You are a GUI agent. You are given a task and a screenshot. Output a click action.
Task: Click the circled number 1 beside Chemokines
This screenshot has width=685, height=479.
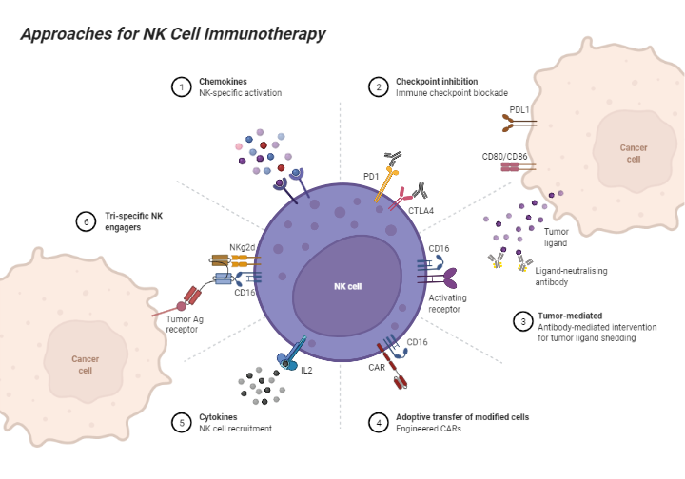point(181,87)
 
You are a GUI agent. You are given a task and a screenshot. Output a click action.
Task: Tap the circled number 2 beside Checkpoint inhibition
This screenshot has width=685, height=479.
point(378,87)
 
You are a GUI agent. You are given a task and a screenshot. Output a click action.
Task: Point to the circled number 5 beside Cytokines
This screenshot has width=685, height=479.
point(181,422)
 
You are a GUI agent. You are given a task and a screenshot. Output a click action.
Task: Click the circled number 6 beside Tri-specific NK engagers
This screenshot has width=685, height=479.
point(87,222)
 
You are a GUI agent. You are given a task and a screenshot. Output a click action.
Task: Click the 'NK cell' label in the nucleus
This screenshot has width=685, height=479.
point(348,285)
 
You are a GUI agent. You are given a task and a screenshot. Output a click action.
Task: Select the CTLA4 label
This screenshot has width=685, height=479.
point(421,211)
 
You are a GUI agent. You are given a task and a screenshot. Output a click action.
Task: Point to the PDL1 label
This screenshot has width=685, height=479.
point(519,109)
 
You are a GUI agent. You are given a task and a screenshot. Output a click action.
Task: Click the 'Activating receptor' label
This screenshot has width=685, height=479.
point(447,303)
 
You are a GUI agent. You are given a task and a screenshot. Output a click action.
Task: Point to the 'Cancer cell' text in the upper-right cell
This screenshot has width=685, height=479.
point(634,153)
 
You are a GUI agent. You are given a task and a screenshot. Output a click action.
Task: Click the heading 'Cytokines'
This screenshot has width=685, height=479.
point(218,416)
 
